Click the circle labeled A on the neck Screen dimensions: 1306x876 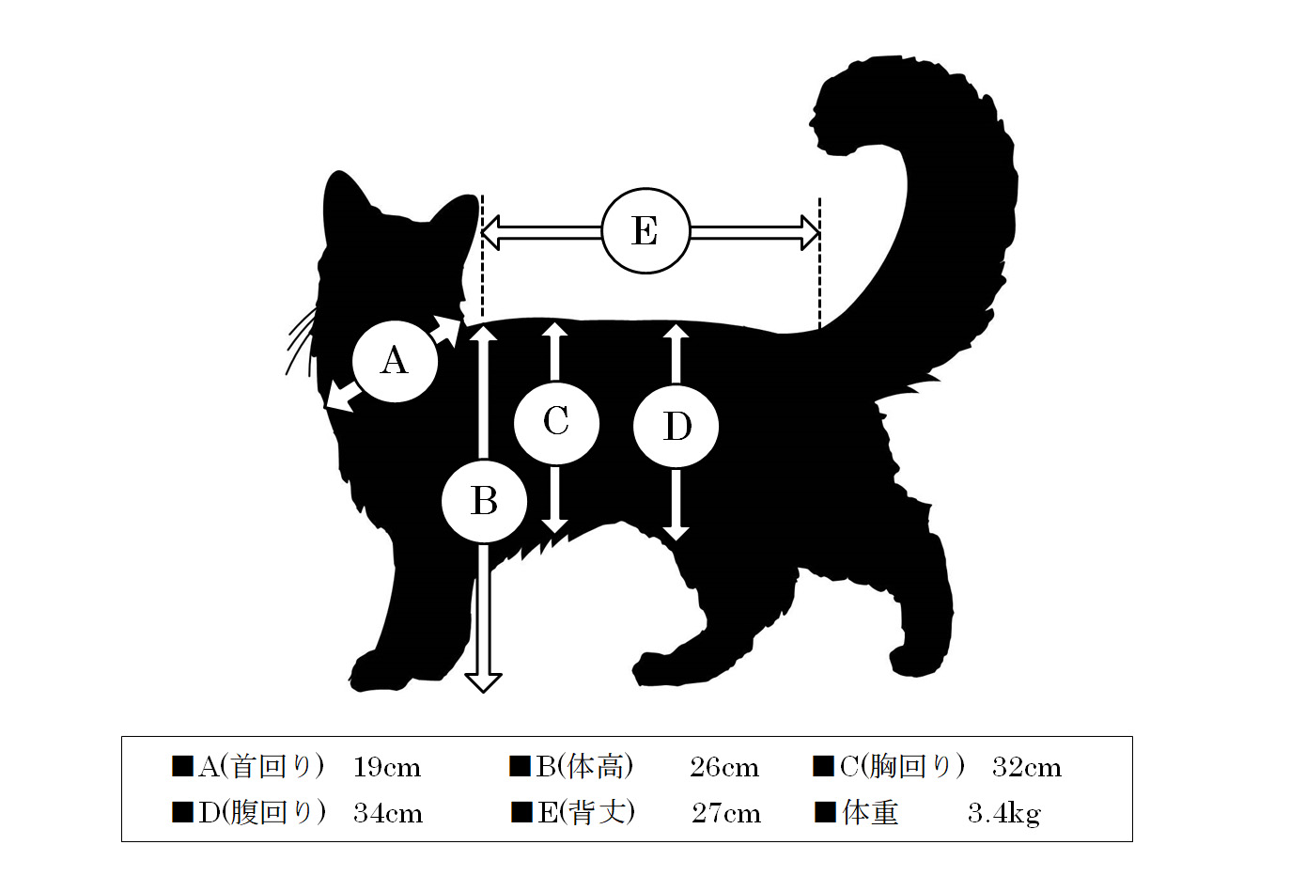395,361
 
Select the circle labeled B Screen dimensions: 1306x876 484,501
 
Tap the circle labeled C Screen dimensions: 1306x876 556,423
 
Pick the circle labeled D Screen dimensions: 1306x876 676,426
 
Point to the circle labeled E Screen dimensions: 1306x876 645,230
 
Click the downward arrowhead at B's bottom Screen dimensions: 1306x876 483,682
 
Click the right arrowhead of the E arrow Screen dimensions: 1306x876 811,233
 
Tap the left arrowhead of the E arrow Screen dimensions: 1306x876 490,233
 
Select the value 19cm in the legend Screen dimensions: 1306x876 387,768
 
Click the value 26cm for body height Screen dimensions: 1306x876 724,768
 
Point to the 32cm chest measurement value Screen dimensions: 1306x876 1027,768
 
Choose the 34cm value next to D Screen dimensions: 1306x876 388,814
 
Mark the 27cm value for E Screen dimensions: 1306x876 726,814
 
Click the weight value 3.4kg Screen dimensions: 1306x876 1004,814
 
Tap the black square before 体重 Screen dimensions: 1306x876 825,812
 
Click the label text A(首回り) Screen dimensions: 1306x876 260,766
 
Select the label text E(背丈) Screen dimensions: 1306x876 586,812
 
